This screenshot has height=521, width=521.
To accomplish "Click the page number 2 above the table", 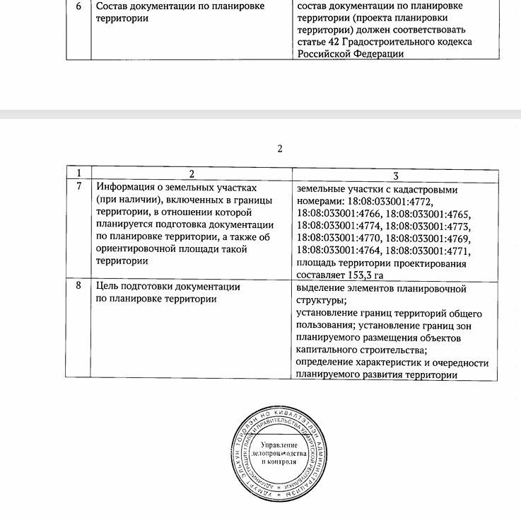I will (x=280, y=149).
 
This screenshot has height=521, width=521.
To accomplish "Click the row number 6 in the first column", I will (x=78, y=6).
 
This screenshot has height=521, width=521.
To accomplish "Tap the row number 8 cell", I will (x=78, y=287).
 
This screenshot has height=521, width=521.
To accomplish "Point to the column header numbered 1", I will (x=78, y=173).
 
